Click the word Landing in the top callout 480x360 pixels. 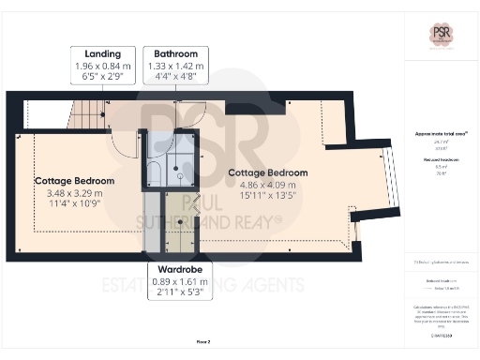(x=102, y=54)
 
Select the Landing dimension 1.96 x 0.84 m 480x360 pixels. (x=102, y=67)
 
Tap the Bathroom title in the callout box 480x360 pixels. (x=175, y=54)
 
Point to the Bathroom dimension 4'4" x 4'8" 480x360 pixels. (x=175, y=79)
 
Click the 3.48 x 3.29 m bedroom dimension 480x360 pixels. (x=74, y=193)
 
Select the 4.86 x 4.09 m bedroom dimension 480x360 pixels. (x=267, y=185)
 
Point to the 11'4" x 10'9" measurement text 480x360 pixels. (x=74, y=204)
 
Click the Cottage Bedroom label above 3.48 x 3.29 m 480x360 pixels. (x=74, y=180)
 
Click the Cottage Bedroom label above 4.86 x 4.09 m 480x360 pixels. (x=267, y=172)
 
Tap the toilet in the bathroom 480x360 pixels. (x=155, y=172)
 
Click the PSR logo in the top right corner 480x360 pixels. (x=440, y=34)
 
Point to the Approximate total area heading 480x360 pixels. (x=439, y=135)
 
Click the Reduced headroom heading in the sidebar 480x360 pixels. (x=439, y=159)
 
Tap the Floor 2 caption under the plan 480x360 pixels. (x=202, y=341)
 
